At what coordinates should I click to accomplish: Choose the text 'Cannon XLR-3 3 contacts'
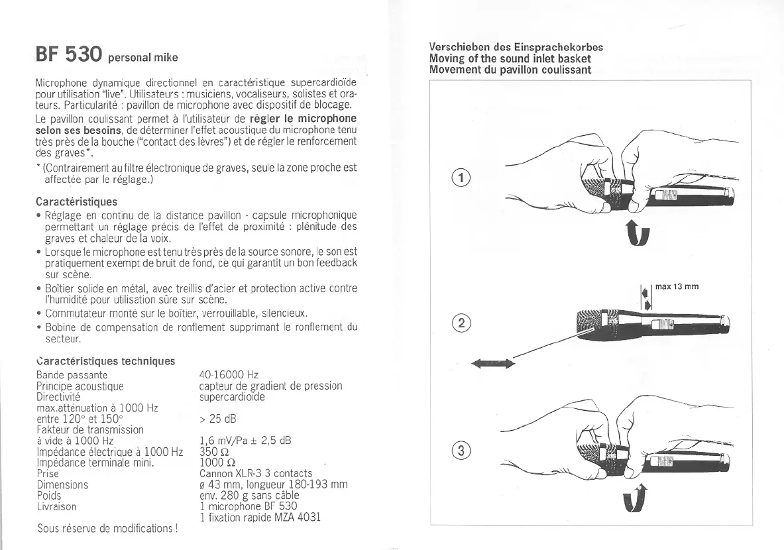(x=256, y=473)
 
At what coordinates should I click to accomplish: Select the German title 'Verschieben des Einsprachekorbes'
(x=516, y=48)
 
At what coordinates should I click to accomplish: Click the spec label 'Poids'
(x=48, y=495)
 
